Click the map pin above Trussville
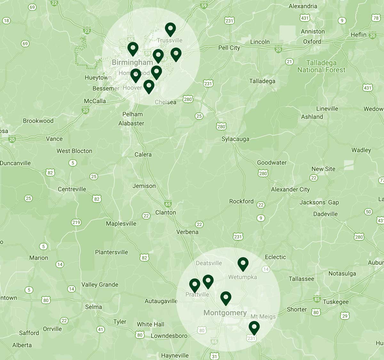click(170, 29)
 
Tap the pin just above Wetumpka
click(243, 264)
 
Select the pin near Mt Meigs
click(254, 328)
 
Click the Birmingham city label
click(132, 62)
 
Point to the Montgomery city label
click(225, 313)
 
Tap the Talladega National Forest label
click(321, 66)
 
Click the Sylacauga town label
click(235, 139)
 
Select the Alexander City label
click(290, 189)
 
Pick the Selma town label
click(93, 307)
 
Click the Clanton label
click(165, 212)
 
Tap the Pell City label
click(229, 48)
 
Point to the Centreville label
click(72, 189)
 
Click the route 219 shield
click(76, 222)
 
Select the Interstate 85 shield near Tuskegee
click(317, 300)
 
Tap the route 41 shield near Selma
click(100, 329)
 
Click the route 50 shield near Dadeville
click(368, 212)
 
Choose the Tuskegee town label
click(336, 302)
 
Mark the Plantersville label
click(111, 252)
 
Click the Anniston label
click(313, 31)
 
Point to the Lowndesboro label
click(169, 336)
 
